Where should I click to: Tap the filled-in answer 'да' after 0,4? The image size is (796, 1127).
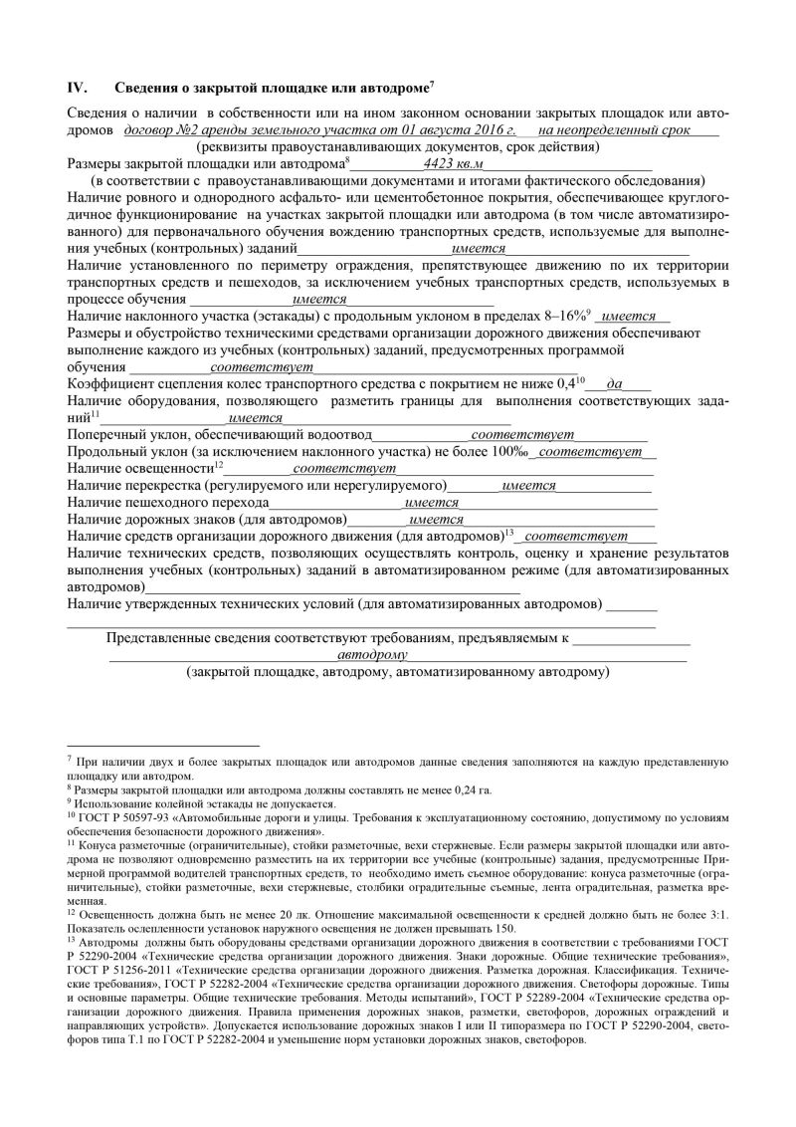[x=615, y=383]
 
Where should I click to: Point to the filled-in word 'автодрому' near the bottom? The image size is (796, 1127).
[x=372, y=656]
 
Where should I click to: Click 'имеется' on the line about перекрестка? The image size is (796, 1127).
[x=528, y=485]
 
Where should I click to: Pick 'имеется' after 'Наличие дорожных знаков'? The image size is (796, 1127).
[x=437, y=519]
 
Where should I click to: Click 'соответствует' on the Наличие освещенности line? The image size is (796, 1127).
[x=338, y=467]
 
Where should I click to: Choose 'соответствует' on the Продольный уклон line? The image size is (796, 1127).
[x=591, y=451]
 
